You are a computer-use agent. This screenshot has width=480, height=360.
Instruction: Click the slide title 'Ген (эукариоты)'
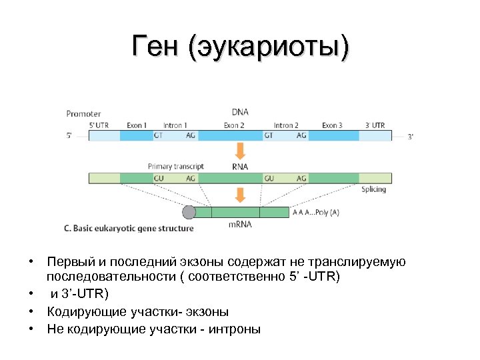(240, 47)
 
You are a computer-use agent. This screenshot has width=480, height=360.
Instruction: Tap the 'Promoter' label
(83, 114)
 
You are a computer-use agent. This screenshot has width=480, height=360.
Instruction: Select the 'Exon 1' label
(136, 125)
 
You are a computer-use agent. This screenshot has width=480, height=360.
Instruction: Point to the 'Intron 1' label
(175, 125)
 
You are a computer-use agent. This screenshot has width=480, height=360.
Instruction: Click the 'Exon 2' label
(234, 125)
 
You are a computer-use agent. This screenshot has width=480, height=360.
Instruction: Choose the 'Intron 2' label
(286, 125)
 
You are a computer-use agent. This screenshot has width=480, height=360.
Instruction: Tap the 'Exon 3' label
(332, 125)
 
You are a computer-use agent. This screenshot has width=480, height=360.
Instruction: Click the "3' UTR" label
(375, 125)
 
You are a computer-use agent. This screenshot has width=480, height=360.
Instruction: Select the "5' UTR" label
(100, 125)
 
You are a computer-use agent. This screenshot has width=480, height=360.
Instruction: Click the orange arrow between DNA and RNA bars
(240, 151)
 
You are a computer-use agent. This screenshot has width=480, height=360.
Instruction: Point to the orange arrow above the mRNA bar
(240, 195)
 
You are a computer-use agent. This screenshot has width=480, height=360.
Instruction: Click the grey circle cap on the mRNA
(189, 213)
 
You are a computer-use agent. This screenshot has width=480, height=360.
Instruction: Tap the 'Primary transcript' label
(176, 166)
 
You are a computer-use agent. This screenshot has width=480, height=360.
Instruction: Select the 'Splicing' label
(373, 189)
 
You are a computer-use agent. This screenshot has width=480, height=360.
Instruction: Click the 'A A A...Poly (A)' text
(315, 213)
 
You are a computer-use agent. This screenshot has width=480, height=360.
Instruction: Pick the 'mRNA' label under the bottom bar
(240, 225)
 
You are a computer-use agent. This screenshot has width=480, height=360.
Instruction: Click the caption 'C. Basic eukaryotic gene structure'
(129, 228)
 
